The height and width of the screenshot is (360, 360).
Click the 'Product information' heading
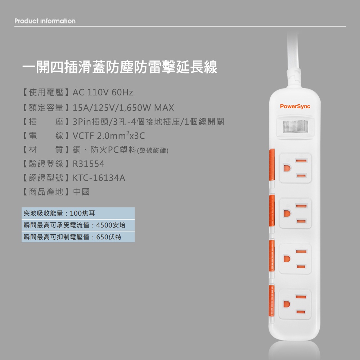pyautogui.click(x=45, y=21)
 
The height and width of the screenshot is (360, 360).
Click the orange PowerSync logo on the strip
pyautogui.click(x=295, y=107)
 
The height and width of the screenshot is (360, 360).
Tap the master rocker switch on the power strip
pyautogui.click(x=295, y=126)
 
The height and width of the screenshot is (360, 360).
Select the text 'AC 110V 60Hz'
pyautogui.click(x=103, y=92)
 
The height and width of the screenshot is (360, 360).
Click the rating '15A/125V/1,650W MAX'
pyautogui.click(x=123, y=108)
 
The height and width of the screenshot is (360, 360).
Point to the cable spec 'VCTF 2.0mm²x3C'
pyautogui.click(x=109, y=135)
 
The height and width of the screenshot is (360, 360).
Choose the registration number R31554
pyautogui.click(x=89, y=164)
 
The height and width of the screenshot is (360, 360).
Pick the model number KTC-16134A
pyautogui.click(x=99, y=178)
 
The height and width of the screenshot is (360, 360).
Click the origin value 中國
pyautogui.click(x=81, y=192)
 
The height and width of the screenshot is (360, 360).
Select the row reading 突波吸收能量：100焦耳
pyautogui.click(x=59, y=213)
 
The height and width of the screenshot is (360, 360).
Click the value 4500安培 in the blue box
pyautogui.click(x=111, y=225)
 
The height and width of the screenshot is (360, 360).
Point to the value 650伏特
pyautogui.click(x=109, y=237)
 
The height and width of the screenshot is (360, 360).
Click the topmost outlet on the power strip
pyautogui.click(x=295, y=168)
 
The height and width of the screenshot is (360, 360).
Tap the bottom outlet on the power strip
pyautogui.click(x=295, y=304)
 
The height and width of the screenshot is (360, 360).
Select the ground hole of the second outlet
pyautogui.click(x=287, y=213)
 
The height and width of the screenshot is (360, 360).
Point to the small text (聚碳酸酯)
pyautogui.click(x=153, y=150)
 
